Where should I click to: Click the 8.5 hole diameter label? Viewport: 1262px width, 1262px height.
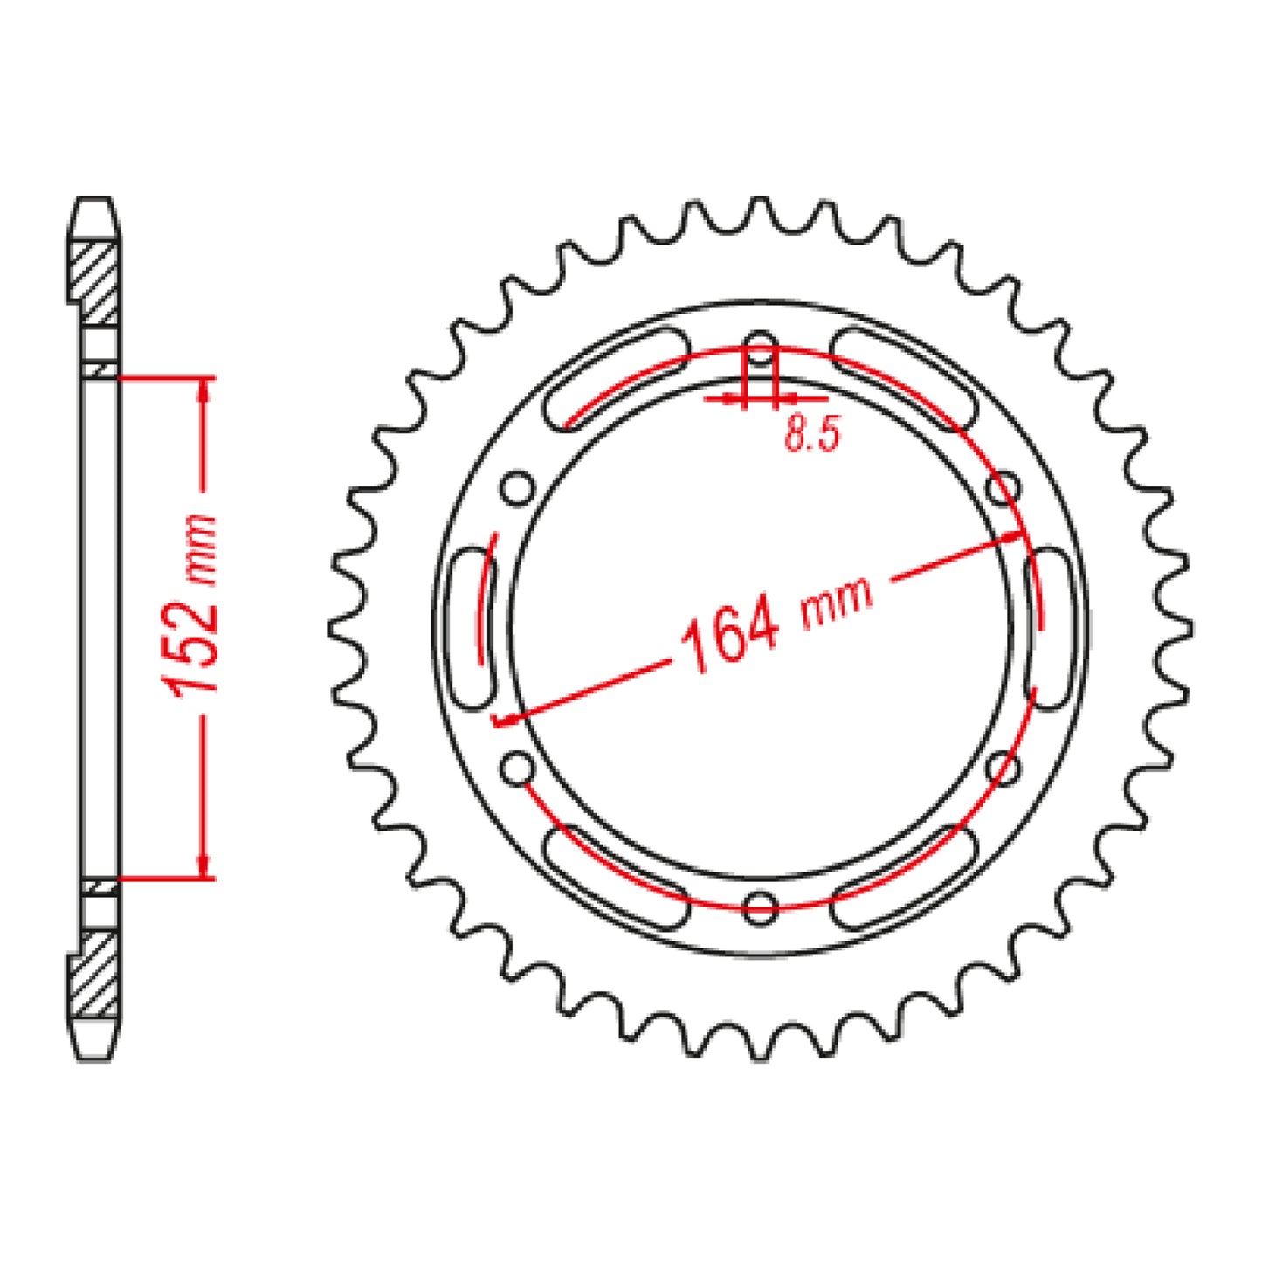tap(811, 433)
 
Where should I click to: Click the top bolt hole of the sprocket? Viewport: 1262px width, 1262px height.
tap(761, 343)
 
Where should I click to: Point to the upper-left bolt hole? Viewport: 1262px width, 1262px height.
tap(517, 486)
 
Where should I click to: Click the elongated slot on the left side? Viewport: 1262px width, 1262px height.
tap(471, 627)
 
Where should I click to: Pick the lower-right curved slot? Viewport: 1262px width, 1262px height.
tap(905, 877)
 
